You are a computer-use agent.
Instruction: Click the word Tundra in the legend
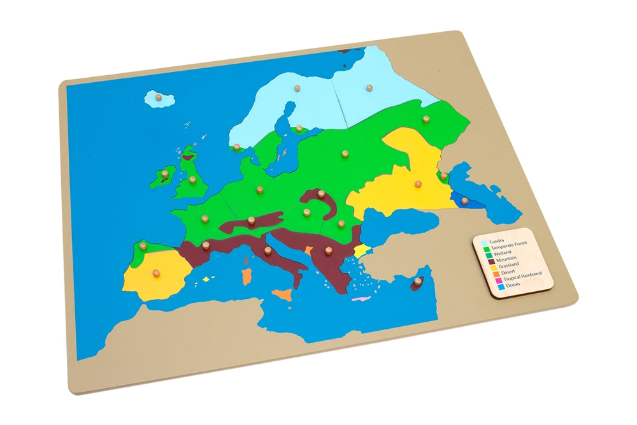(x=496, y=241)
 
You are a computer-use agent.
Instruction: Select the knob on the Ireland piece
(x=163, y=173)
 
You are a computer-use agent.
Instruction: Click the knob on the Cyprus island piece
(x=418, y=281)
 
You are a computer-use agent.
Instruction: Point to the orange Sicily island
(x=282, y=295)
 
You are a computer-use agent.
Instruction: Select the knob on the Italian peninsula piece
(x=268, y=250)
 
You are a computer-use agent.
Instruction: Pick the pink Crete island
(x=361, y=299)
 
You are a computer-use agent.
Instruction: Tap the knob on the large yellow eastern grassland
(x=419, y=184)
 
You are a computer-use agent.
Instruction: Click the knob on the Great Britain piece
(x=192, y=180)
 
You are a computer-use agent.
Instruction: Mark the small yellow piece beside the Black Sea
(x=362, y=250)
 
